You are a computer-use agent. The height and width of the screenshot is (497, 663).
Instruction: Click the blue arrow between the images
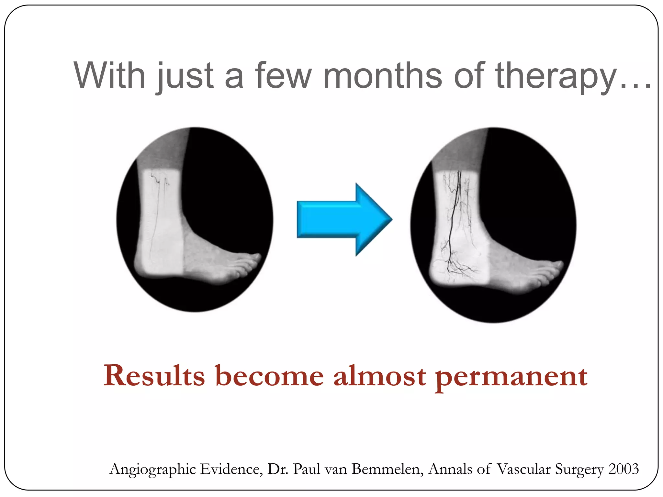pyautogui.click(x=343, y=219)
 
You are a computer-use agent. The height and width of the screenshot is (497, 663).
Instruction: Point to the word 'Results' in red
pyautogui.click(x=154, y=376)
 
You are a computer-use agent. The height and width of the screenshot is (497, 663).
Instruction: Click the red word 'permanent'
pyautogui.click(x=511, y=377)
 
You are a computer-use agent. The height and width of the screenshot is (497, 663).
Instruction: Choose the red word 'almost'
pyautogui.click(x=379, y=376)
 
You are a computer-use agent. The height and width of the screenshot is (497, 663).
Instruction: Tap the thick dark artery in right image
pyautogui.click(x=455, y=207)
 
